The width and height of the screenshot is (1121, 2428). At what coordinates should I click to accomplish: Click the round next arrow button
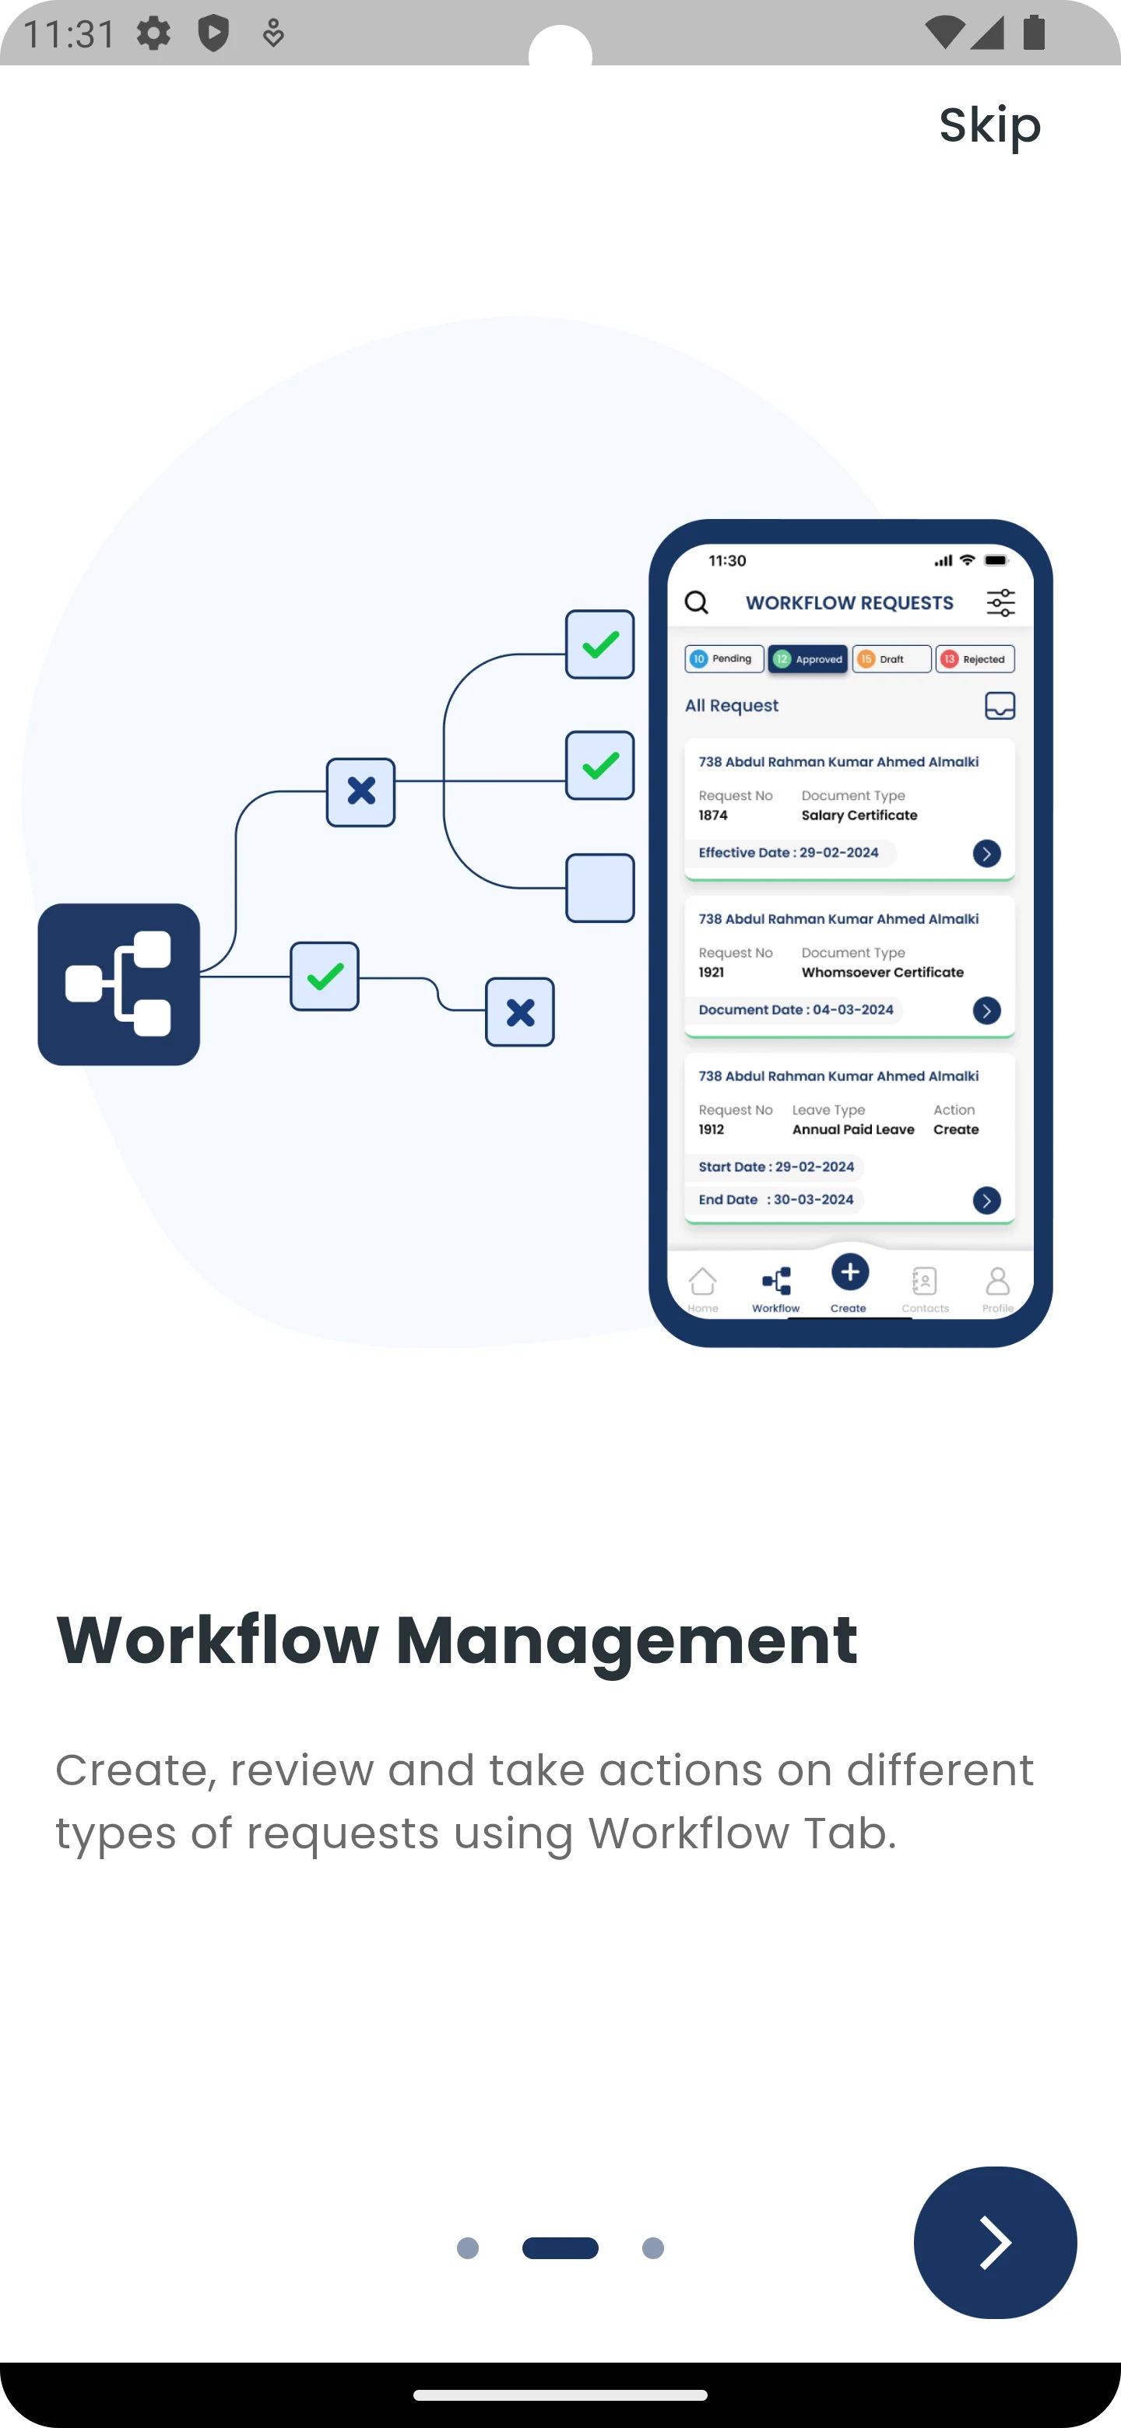coord(995,2242)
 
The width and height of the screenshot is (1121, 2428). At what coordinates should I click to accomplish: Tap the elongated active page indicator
coord(560,2248)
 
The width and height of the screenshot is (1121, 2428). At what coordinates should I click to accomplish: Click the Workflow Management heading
coord(457,1641)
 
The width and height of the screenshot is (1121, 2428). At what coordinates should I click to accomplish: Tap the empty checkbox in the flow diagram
coord(599,888)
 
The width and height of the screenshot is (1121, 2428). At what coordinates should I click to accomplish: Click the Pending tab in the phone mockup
coord(724,659)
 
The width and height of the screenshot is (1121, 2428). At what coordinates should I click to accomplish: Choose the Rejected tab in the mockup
coord(975,659)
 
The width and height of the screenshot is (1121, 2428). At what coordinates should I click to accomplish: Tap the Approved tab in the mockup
coord(808,659)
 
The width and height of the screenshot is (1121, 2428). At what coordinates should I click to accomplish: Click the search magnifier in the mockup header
coord(697,602)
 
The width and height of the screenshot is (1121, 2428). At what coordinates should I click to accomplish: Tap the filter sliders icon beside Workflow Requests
coord(1000,602)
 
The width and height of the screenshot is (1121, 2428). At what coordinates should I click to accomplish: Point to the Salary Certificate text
coord(859,816)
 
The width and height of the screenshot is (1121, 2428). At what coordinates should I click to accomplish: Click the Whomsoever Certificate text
coord(883,973)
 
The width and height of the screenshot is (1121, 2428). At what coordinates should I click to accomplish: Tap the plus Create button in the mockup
coord(849,1272)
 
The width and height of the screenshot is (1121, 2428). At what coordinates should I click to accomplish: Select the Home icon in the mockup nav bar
coord(702,1282)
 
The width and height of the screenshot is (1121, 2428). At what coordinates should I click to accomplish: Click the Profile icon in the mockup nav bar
coord(997,1282)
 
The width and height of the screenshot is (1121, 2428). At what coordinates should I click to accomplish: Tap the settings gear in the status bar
coord(153,34)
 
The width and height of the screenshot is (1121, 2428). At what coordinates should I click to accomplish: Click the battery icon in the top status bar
coord(1035,32)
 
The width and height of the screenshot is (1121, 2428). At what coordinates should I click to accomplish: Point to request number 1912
coord(712,1129)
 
